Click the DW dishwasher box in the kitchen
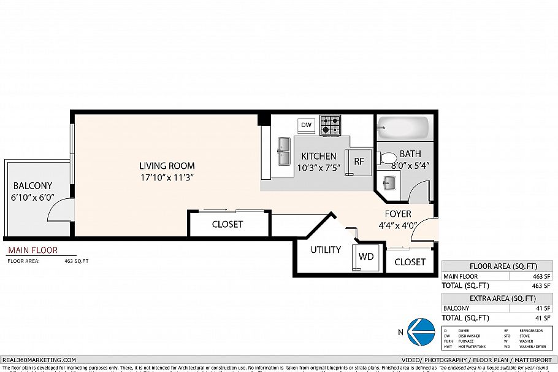click(x=307, y=125)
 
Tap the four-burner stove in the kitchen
click(x=331, y=125)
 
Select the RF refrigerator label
click(x=359, y=162)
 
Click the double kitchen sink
click(x=284, y=151)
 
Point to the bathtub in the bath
click(x=403, y=128)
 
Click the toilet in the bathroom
click(x=388, y=159)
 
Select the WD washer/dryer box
click(x=365, y=256)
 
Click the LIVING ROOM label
click(x=167, y=166)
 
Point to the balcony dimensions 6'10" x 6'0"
click(x=33, y=198)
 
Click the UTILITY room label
click(x=326, y=250)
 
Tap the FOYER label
click(x=398, y=214)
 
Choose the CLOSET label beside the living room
click(x=227, y=225)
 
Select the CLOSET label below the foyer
click(x=410, y=262)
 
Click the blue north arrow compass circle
click(x=421, y=332)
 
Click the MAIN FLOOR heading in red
click(x=32, y=250)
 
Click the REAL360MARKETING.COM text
click(x=39, y=360)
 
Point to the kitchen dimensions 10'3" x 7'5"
click(x=318, y=168)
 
